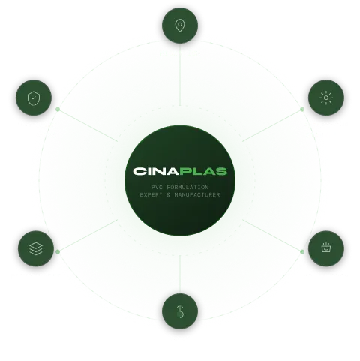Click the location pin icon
pos(180,26)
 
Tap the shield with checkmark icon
pos(34,98)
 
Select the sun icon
pos(326,98)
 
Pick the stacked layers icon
pos(36,248)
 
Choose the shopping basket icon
pos(326,248)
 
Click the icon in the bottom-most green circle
pos(180,311)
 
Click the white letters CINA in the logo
pos(156,171)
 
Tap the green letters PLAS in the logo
pos(203,171)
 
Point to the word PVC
pos(157,187)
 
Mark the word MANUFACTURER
pos(197,194)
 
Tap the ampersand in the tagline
pos(169,194)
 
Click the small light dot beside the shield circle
pos(58,110)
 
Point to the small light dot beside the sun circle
pos(302,110)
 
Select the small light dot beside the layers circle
pos(58,251)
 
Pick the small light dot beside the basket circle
pos(302,251)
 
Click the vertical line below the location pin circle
pos(180,74)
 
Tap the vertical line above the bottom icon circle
pos(180,275)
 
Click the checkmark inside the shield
pos(34,98)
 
